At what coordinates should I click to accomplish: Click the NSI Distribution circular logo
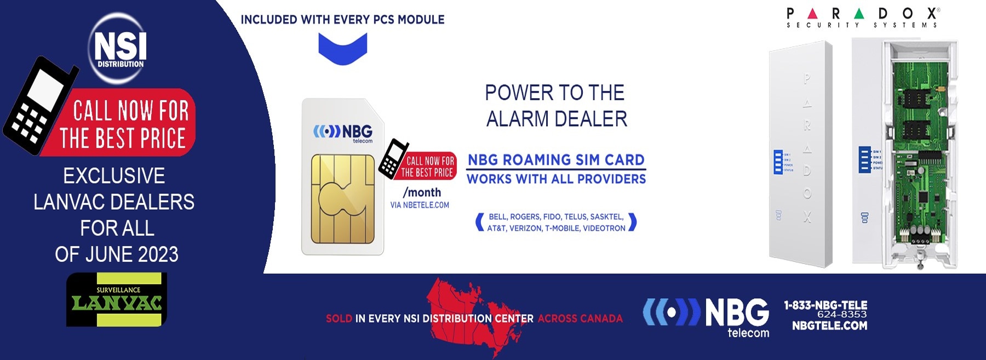[x=119, y=48]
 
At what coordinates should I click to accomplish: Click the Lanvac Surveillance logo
[x=116, y=300]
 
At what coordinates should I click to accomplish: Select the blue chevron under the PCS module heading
[x=343, y=48]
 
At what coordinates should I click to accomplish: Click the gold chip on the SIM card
[x=343, y=198]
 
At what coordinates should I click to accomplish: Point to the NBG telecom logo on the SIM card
[x=343, y=133]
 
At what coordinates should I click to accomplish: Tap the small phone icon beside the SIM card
[x=393, y=158]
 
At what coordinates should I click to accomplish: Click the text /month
[x=422, y=192]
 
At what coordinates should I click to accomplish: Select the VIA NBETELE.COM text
[x=420, y=205]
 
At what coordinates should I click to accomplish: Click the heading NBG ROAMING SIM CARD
[x=556, y=160]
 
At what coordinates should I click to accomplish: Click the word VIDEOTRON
[x=604, y=228]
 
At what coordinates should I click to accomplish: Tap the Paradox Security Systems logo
[x=862, y=18]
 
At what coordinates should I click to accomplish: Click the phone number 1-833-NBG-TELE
[x=826, y=305]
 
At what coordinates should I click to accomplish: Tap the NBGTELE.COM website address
[x=829, y=326]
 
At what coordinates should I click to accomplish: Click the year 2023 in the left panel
[x=158, y=254]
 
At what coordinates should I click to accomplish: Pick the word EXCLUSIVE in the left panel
[x=114, y=176]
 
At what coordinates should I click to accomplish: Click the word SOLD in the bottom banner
[x=339, y=318]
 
